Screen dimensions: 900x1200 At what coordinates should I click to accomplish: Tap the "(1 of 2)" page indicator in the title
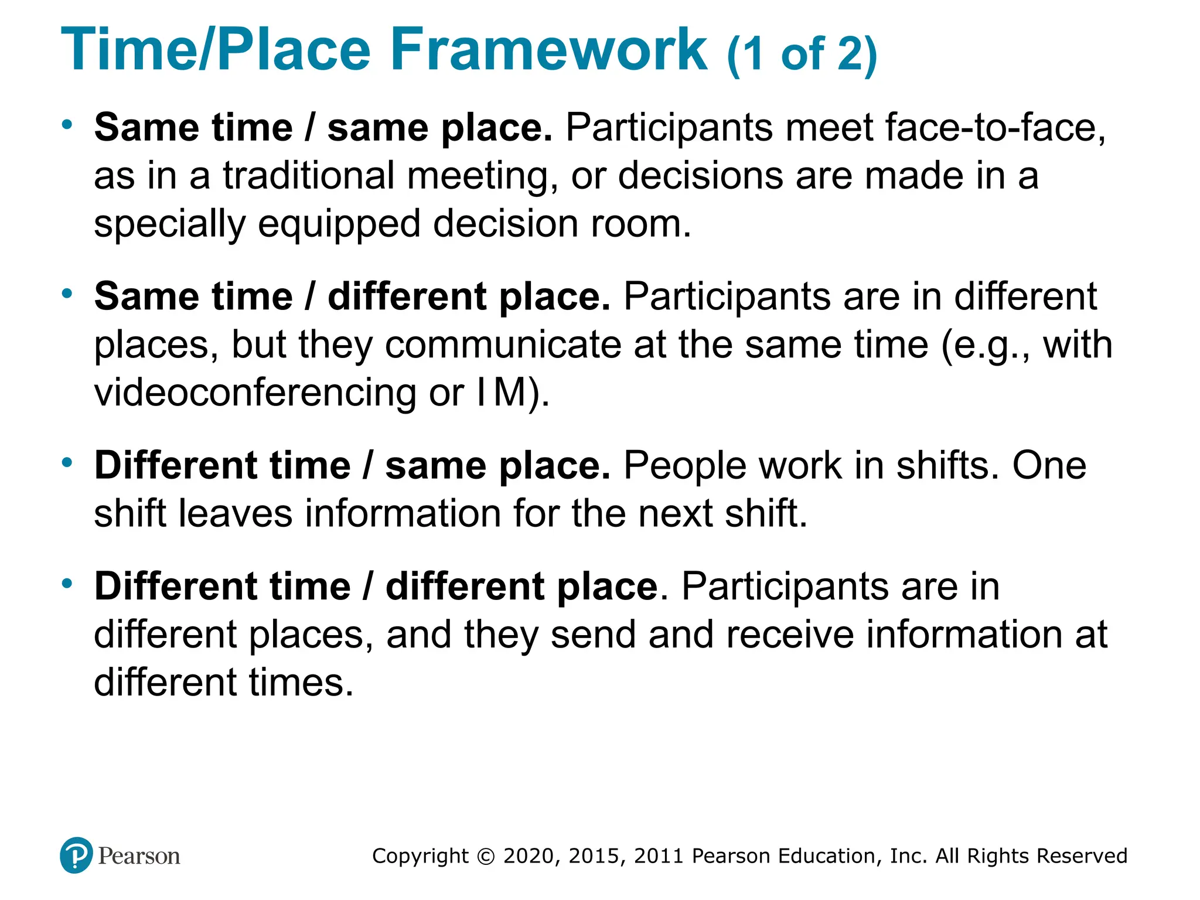802,54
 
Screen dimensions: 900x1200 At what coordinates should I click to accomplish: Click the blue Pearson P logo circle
76,855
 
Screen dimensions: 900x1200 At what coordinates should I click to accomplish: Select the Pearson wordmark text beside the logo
139,856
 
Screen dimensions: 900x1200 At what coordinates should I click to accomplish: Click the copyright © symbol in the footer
486,856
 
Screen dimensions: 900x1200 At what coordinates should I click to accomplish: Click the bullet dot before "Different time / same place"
67,462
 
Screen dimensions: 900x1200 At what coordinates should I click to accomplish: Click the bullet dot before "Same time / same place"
67,124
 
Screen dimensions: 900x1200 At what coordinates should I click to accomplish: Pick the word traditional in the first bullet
309,176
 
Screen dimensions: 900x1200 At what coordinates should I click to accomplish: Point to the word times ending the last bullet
301,683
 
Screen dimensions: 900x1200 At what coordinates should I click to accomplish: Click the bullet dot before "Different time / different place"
67,583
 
